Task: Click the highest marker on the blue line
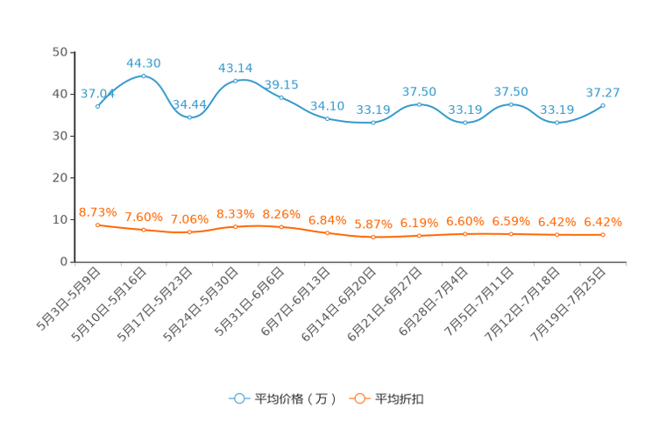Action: pos(144,76)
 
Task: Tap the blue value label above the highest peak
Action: pos(144,62)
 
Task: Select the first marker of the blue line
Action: pos(98,105)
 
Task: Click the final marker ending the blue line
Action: pos(603,105)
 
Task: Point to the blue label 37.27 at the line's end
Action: pos(603,91)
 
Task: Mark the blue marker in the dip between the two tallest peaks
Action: pos(189,118)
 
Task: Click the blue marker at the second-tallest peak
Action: pos(235,81)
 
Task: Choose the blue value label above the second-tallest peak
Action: pos(235,68)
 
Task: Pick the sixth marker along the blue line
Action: pos(327,118)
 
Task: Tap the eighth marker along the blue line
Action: pos(419,104)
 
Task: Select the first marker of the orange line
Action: pos(98,225)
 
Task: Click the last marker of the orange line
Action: pos(603,235)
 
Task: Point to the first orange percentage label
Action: pos(98,211)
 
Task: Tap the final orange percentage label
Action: pos(603,222)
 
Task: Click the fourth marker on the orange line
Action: pos(235,226)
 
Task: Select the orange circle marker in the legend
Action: pos(359,399)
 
